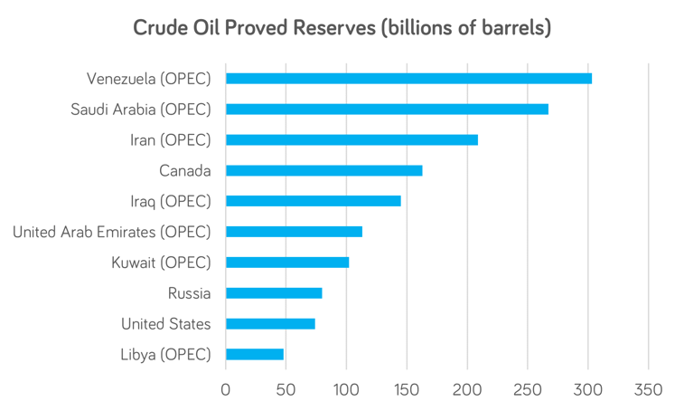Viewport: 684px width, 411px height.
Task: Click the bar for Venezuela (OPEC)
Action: pyautogui.click(x=408, y=79)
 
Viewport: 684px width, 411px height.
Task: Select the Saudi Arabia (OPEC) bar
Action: pyautogui.click(x=387, y=110)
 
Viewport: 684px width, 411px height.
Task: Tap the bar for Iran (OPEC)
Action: pyautogui.click(x=351, y=139)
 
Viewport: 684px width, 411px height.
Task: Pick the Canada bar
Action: pyautogui.click(x=323, y=170)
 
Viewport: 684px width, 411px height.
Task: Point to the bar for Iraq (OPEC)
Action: pyautogui.click(x=313, y=201)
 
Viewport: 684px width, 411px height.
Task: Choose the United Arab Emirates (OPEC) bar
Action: pyautogui.click(x=294, y=232)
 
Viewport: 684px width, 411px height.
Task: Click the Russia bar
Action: pyautogui.click(x=274, y=292)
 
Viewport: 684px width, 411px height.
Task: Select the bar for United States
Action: pyautogui.click(x=270, y=323)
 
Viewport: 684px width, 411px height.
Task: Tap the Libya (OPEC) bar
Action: pyautogui.click(x=254, y=354)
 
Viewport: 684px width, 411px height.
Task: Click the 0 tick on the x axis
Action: pyautogui.click(x=226, y=389)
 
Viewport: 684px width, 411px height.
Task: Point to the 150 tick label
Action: pyautogui.click(x=407, y=389)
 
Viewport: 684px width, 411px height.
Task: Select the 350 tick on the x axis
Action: pyautogui.click(x=649, y=389)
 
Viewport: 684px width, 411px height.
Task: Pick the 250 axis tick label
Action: pyautogui.click(x=528, y=389)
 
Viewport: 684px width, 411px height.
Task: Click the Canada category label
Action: pyautogui.click(x=184, y=170)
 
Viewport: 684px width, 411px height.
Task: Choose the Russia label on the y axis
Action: pyautogui.click(x=189, y=292)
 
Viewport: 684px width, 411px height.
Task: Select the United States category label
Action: pyautogui.click(x=165, y=323)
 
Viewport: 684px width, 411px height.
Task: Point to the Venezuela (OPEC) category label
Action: pyautogui.click(x=148, y=79)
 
